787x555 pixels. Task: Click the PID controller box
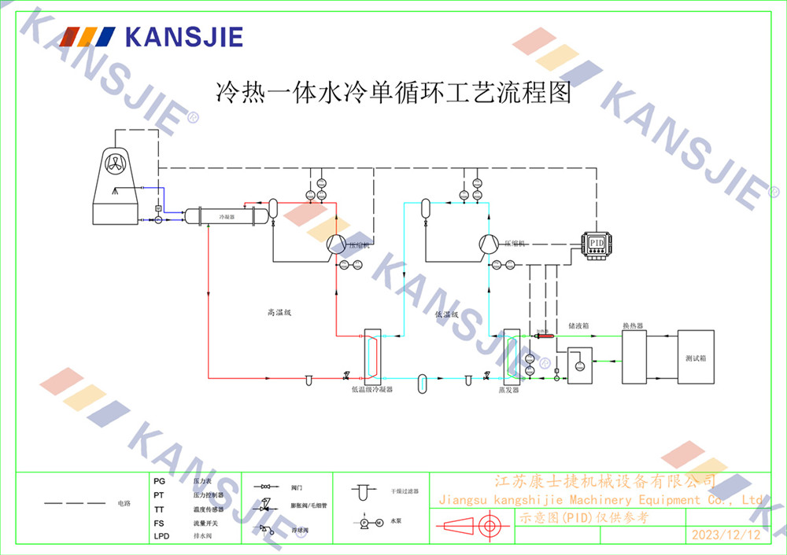click(x=597, y=243)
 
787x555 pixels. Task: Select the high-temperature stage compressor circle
click(x=337, y=244)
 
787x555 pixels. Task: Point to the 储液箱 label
click(x=578, y=325)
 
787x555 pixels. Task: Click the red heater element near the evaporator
click(x=542, y=336)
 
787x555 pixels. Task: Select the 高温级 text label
click(x=279, y=313)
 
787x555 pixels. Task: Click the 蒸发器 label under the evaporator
click(x=508, y=389)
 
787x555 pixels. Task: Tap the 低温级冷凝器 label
click(x=371, y=389)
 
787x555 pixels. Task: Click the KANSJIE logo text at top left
click(x=184, y=36)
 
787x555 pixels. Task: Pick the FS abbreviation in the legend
click(x=159, y=523)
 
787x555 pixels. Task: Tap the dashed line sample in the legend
click(x=75, y=502)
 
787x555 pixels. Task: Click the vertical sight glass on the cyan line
click(x=423, y=381)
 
